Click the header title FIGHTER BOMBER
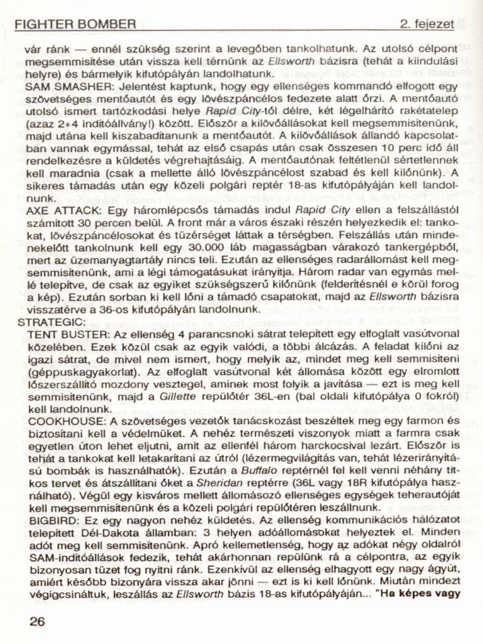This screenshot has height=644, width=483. pos(75,24)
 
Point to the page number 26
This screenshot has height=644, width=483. pos(38,621)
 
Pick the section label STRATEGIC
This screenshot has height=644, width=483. pos(51,322)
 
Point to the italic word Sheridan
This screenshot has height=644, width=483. pos(210,481)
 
